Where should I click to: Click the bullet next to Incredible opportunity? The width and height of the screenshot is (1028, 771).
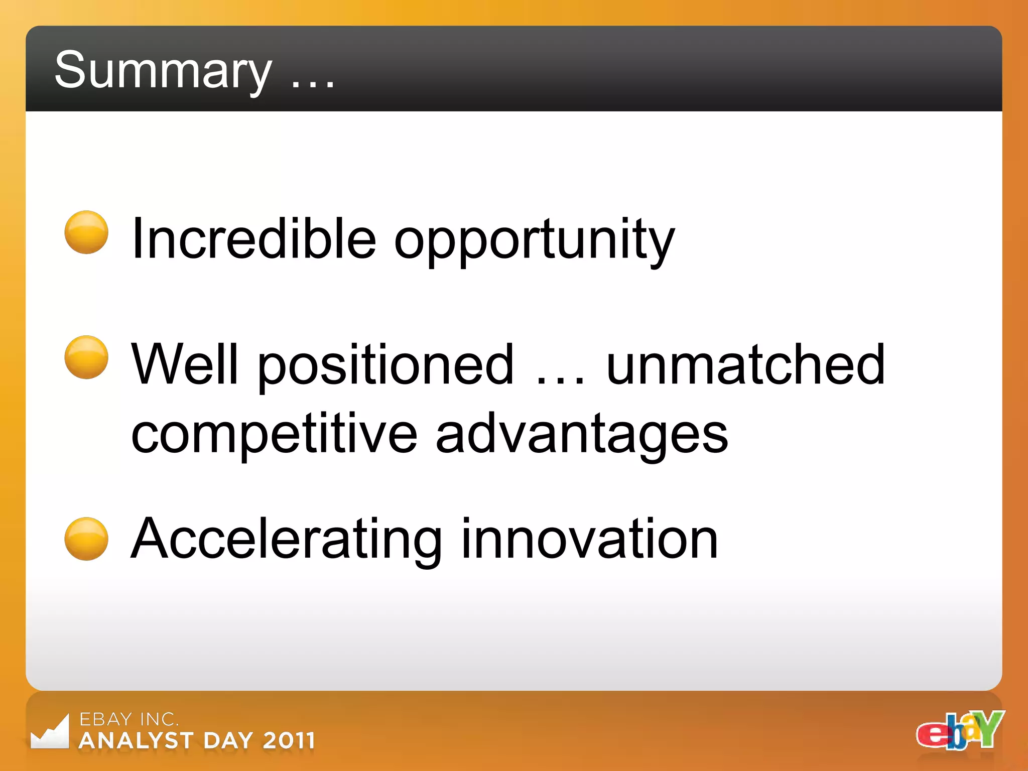click(86, 232)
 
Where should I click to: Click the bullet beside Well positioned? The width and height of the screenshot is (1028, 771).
click(86, 357)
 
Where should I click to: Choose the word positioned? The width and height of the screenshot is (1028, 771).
click(385, 366)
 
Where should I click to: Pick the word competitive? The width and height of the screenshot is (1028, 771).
click(274, 434)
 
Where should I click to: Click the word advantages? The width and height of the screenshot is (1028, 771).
click(581, 434)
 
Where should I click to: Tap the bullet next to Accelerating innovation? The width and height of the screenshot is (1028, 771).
click(86, 539)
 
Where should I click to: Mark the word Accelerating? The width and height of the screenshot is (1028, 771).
click(286, 540)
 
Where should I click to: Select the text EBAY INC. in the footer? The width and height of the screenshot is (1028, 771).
click(129, 719)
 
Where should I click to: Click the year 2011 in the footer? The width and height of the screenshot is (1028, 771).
click(289, 741)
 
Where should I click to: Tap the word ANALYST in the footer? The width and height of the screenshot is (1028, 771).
click(137, 741)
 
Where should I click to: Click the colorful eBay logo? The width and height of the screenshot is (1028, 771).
click(960, 730)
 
